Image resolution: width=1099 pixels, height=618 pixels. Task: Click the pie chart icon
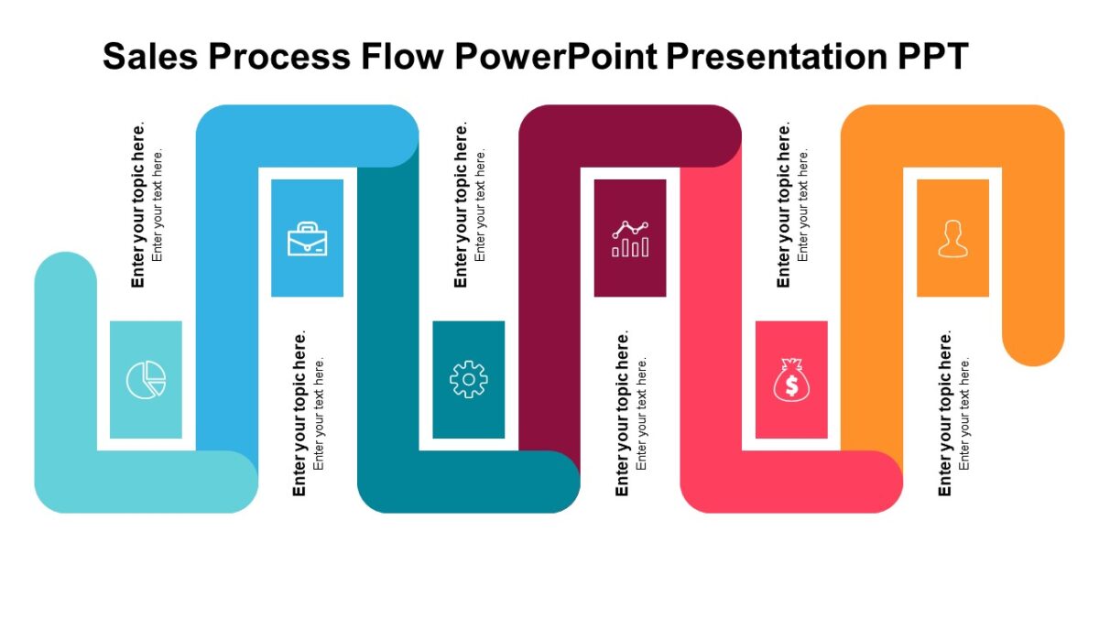tap(146, 380)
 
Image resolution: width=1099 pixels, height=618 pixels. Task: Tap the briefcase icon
tap(307, 238)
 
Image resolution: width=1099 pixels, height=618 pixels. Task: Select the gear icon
tap(468, 379)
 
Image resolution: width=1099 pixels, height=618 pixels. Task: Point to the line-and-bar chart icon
tap(630, 238)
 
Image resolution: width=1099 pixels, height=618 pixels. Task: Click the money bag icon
tap(791, 379)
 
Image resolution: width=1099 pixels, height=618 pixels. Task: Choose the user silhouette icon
tap(952, 238)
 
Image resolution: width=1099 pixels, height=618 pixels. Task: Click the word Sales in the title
tap(150, 57)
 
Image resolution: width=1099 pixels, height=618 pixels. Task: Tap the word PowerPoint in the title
tap(556, 57)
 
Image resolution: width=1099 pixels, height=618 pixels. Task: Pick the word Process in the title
tap(278, 57)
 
